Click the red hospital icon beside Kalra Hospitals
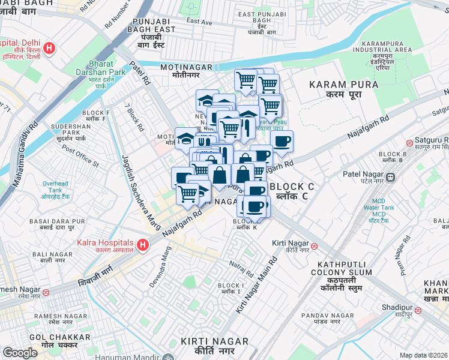tap(142, 245)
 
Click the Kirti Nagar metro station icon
tap(322, 245)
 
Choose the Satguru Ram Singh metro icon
tap(409, 143)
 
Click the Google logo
tap(20, 353)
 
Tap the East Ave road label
tap(199, 22)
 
